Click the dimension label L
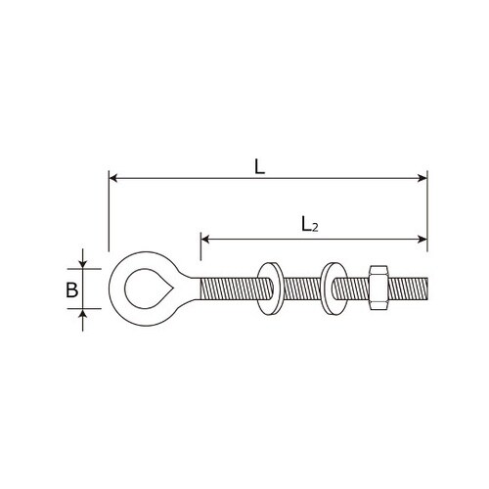[259, 166]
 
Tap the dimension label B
[70, 289]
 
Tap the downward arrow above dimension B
[84, 262]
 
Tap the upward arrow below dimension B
[84, 314]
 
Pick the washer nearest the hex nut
[332, 289]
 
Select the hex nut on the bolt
[376, 289]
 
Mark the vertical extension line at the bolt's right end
[427, 225]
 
